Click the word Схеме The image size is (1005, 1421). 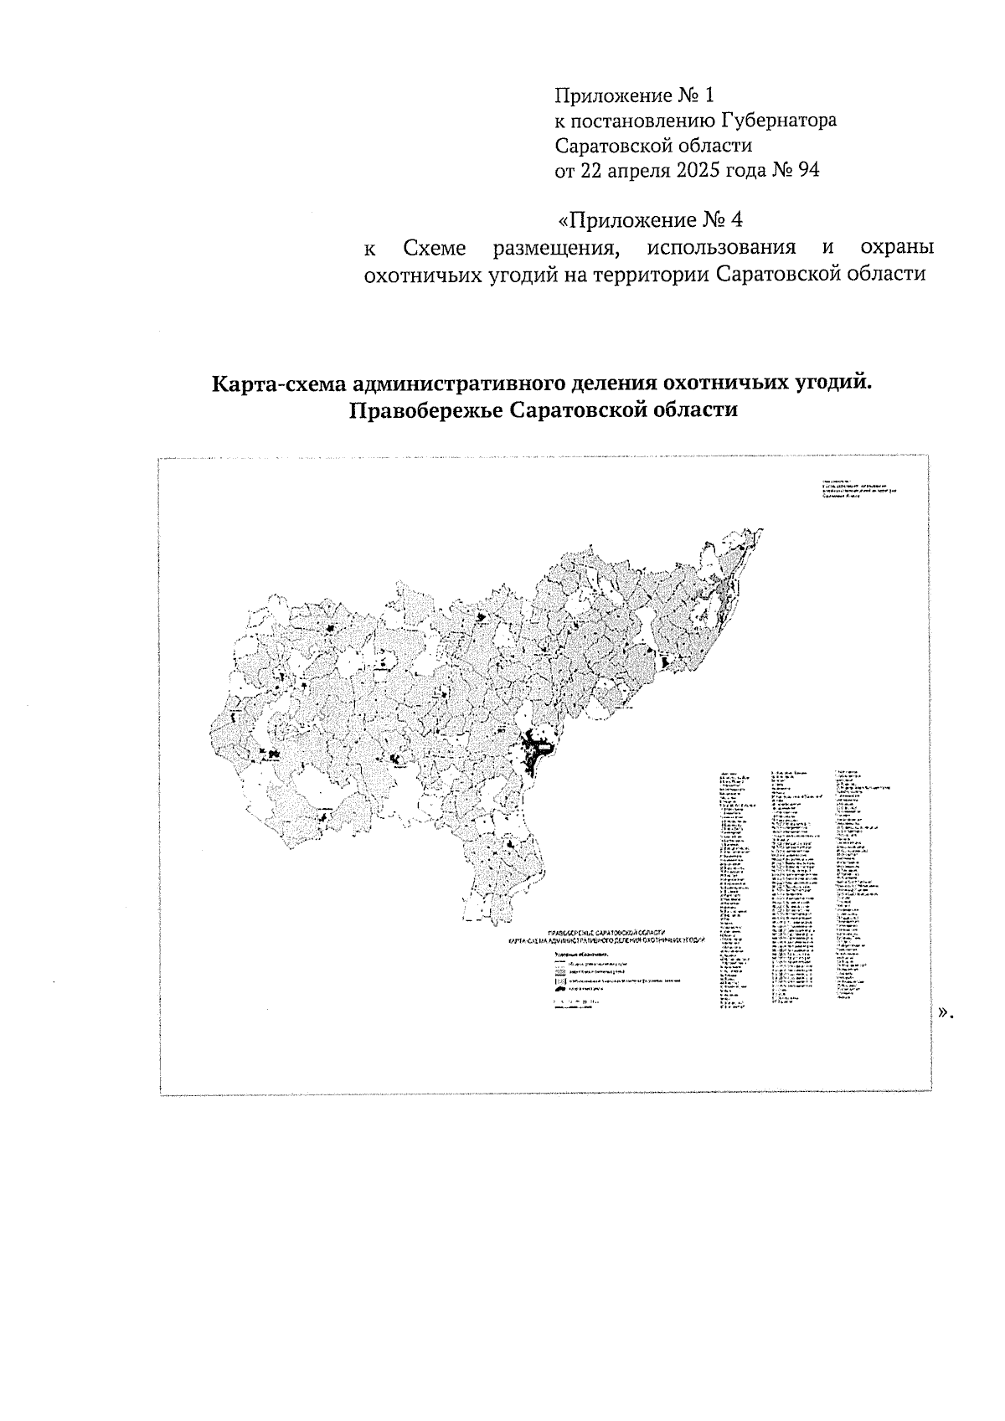point(435,249)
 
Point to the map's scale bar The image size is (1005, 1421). point(574,1007)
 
